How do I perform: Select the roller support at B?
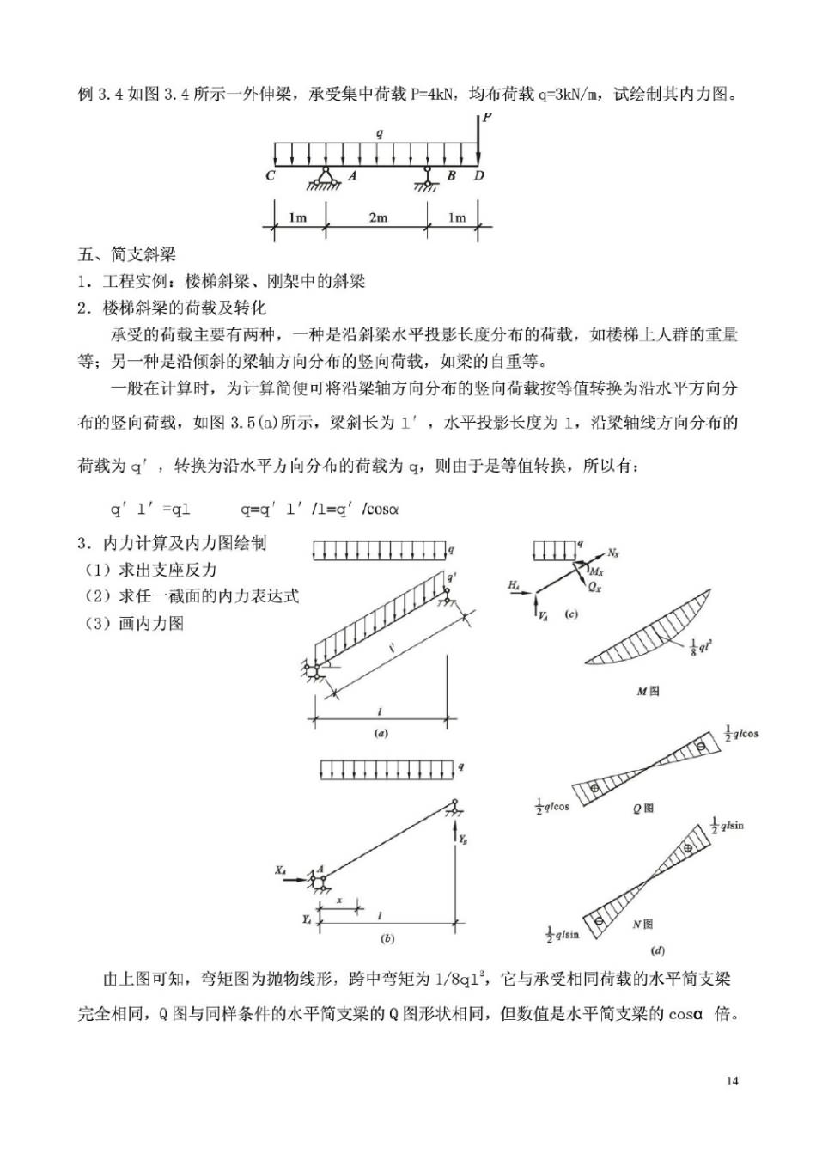(427, 179)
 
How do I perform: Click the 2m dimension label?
(378, 218)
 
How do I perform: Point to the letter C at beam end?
(271, 176)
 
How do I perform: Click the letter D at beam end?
(479, 176)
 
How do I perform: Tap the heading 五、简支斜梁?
(127, 254)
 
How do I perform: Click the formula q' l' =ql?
(149, 510)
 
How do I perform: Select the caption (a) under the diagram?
(381, 733)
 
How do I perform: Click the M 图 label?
(648, 691)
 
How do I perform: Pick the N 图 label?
(642, 925)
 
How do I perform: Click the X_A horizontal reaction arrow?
(295, 879)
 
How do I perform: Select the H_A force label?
(513, 585)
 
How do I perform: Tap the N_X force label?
(612, 553)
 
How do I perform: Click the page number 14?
(732, 1081)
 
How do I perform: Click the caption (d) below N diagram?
(658, 950)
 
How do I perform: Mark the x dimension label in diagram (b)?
(339, 901)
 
